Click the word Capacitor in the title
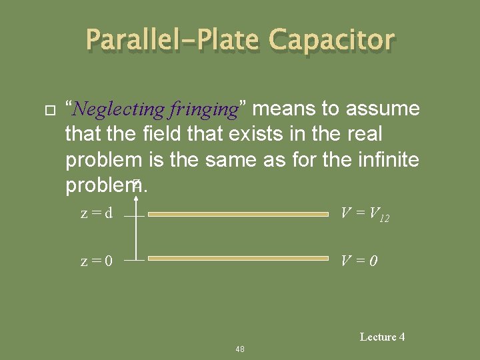click(x=331, y=41)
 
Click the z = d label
click(x=97, y=214)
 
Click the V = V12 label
click(x=365, y=214)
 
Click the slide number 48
click(x=240, y=349)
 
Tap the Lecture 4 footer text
click(x=382, y=337)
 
